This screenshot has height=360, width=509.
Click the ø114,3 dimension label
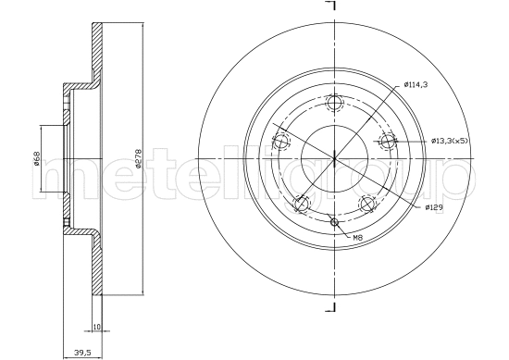pos(416,86)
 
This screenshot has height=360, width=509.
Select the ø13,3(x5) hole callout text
pos(451,141)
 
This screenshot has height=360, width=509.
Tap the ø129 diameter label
pos(435,207)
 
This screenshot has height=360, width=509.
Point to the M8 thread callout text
pos(357,238)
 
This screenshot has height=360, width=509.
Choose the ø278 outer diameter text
pos(137,160)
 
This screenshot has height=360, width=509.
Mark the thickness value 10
pos(97,326)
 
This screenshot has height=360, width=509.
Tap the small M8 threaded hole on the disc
pos(335,221)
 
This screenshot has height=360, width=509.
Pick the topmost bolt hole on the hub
pos(335,103)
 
